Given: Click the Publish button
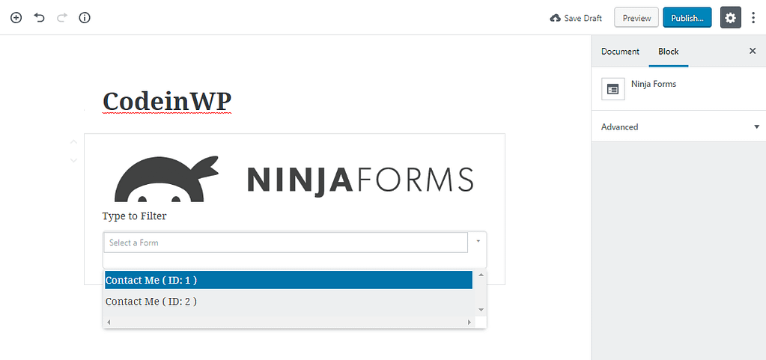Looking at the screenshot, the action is click(687, 18).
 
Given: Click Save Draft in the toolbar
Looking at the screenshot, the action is click(576, 18).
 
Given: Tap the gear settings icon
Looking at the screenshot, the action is click(730, 18).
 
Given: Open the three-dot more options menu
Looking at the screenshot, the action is click(753, 18).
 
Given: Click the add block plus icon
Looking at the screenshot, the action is click(16, 18).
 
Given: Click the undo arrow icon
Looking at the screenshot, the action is click(39, 18).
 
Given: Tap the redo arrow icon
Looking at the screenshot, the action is click(62, 18).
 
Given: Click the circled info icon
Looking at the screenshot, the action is click(85, 18).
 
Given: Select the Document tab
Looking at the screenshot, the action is click(620, 52).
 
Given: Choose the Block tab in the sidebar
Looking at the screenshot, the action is click(669, 52).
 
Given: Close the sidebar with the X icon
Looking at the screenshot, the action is click(753, 51).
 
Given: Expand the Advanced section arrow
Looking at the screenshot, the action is click(756, 126).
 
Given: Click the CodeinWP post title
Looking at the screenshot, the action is click(166, 102).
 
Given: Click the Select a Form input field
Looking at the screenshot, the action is click(286, 242).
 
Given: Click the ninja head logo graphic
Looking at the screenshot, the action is click(166, 179).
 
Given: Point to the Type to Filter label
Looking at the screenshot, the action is click(134, 216).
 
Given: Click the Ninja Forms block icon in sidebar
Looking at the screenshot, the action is click(613, 88).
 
